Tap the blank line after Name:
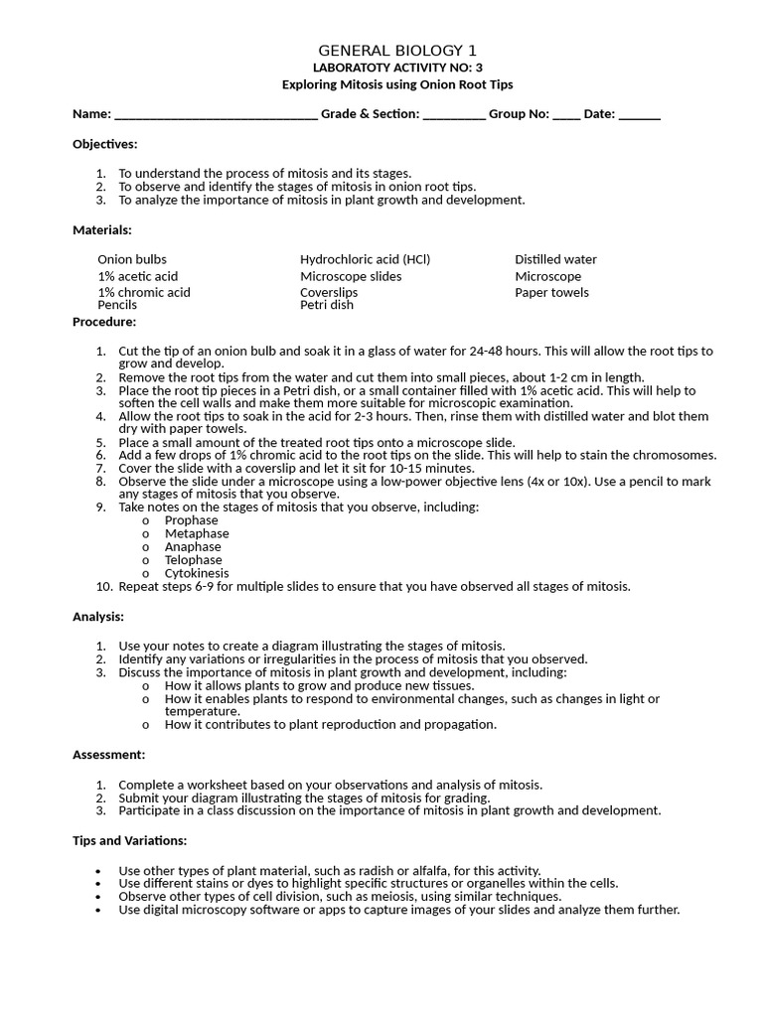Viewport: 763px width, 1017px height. (216, 115)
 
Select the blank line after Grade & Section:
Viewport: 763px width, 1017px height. (454, 115)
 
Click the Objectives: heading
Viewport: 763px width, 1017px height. (104, 144)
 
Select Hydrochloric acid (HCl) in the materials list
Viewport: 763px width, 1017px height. (365, 259)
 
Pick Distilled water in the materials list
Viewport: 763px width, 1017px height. (555, 259)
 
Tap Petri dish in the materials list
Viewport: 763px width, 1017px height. (326, 305)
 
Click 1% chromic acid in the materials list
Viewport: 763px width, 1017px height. (143, 292)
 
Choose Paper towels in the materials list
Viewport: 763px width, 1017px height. (551, 292)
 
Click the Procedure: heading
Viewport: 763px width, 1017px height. (104, 321)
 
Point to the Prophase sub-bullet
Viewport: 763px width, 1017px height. (191, 519)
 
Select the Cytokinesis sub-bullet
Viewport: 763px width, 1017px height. (197, 573)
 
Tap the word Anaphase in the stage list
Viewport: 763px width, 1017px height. (193, 546)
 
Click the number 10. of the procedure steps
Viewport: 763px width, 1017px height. (104, 586)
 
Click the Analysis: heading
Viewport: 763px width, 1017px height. (98, 616)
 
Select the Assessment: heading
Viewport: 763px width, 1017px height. (108, 755)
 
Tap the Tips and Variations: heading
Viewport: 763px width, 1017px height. (129, 840)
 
